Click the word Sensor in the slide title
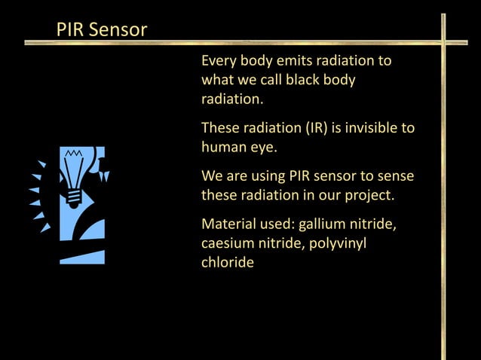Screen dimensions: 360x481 tap(118, 31)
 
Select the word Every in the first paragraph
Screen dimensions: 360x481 tap(219, 61)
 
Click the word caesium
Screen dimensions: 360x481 tap(225, 244)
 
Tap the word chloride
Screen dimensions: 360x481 tap(227, 264)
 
